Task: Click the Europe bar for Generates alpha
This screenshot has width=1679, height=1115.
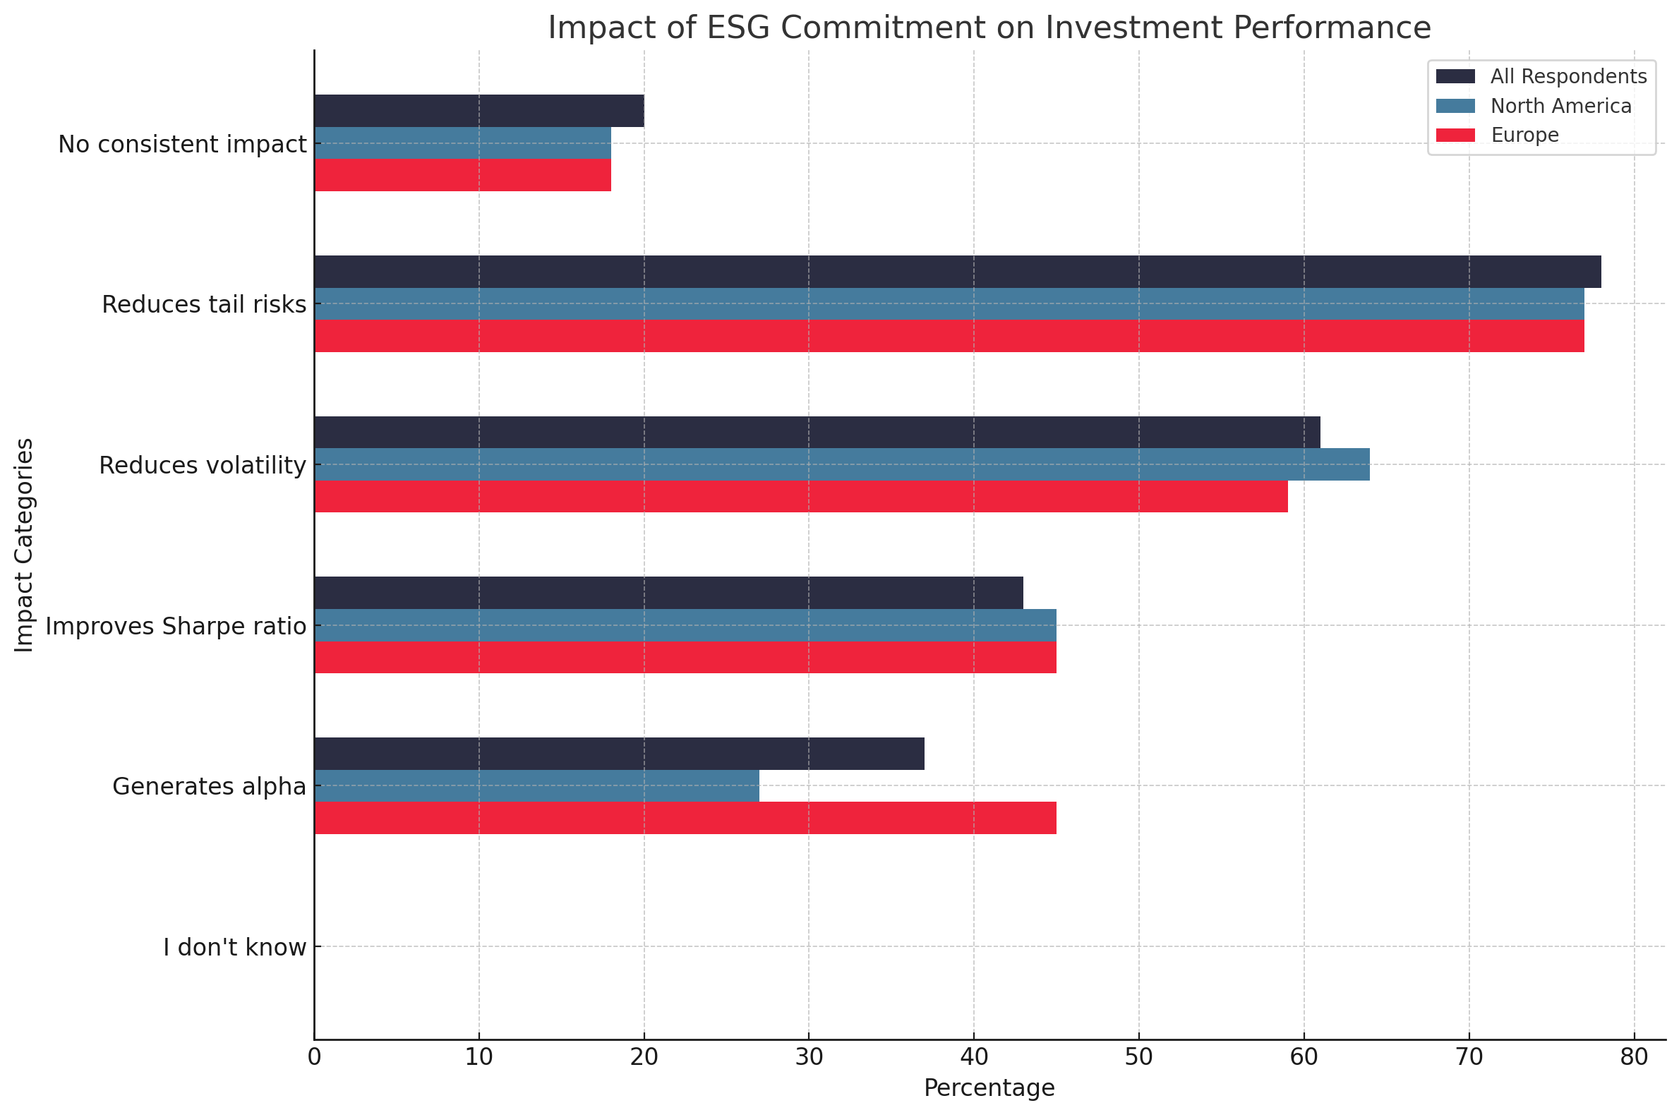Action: (x=685, y=818)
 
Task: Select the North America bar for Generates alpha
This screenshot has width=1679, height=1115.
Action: (x=536, y=785)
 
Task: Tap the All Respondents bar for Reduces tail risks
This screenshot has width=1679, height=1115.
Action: (x=957, y=272)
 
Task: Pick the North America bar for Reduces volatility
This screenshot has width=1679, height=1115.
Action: (x=841, y=464)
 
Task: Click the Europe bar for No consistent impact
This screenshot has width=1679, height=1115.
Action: (x=462, y=175)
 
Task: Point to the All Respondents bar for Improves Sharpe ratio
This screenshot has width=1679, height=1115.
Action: (x=668, y=592)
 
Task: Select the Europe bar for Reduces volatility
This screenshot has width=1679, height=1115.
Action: (x=801, y=496)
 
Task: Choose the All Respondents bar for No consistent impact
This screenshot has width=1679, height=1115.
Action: (x=479, y=111)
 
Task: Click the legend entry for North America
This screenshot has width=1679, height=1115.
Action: (x=1560, y=106)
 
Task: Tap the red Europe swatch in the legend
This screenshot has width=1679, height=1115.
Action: (x=1456, y=135)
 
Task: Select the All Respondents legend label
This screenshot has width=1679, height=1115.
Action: (x=1568, y=77)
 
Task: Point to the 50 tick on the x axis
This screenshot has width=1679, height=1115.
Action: (x=1138, y=1058)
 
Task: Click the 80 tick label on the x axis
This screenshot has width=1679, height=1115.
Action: (x=1634, y=1058)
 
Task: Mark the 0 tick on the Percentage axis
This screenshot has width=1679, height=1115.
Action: (x=314, y=1058)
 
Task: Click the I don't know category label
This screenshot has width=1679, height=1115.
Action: (x=235, y=948)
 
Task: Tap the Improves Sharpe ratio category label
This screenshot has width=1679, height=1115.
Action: (x=176, y=627)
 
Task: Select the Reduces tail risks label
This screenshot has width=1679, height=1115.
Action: (x=203, y=304)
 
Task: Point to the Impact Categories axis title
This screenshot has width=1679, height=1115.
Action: (x=24, y=545)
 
